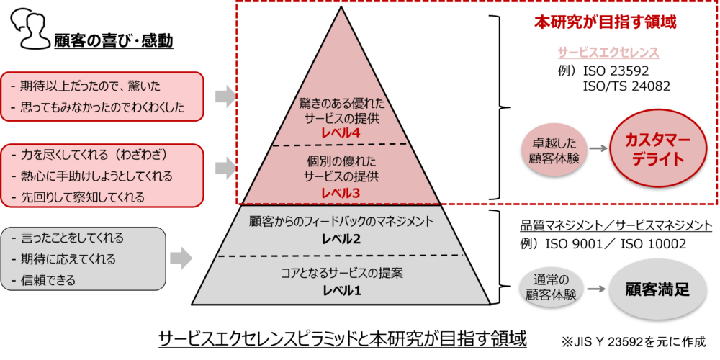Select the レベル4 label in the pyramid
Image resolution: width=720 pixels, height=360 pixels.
[x=341, y=132]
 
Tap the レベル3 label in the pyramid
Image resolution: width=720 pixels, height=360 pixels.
[x=341, y=193]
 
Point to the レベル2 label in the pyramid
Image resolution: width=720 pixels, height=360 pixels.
[x=341, y=239]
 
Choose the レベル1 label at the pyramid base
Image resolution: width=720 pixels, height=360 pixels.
[x=341, y=289]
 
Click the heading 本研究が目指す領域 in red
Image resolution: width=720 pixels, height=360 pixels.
[x=606, y=22]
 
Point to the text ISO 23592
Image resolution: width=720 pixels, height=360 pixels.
[x=616, y=72]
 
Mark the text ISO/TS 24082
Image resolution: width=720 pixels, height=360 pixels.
[x=627, y=86]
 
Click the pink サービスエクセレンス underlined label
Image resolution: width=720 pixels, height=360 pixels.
[x=609, y=53]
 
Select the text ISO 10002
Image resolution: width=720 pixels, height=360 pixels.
[x=653, y=244]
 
